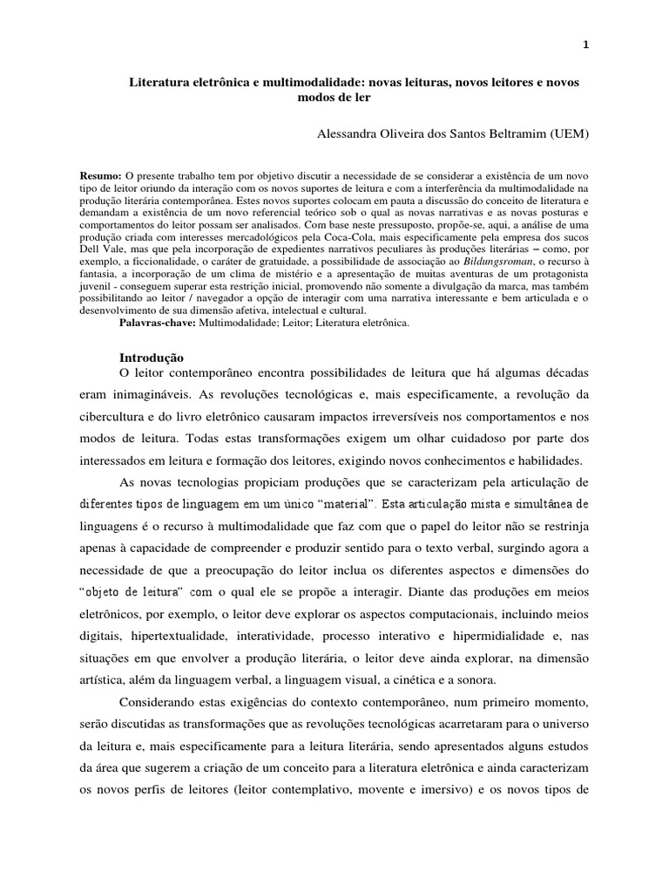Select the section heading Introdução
coord(150,357)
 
